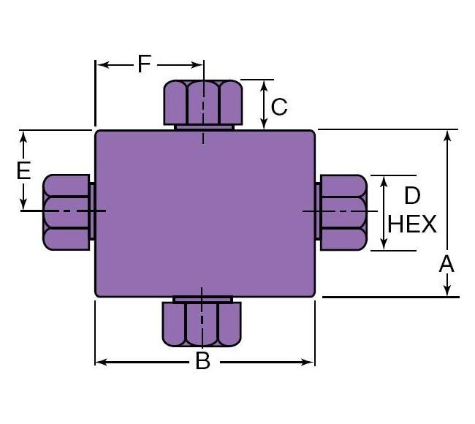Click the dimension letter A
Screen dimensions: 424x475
pyautogui.click(x=446, y=264)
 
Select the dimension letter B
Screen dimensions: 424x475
pyautogui.click(x=203, y=360)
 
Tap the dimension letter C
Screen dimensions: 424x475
pyautogui.click(x=279, y=107)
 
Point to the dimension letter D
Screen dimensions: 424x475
pyautogui.click(x=412, y=195)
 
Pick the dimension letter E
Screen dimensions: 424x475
pyautogui.click(x=23, y=171)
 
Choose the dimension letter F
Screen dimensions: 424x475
pyautogui.click(x=144, y=64)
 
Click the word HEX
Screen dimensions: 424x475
pyautogui.click(x=412, y=224)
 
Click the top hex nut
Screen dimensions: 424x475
pyautogui.click(x=202, y=102)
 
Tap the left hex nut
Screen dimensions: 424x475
pyautogui.click(x=67, y=212)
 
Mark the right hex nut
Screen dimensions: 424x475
pyautogui.click(x=342, y=212)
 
